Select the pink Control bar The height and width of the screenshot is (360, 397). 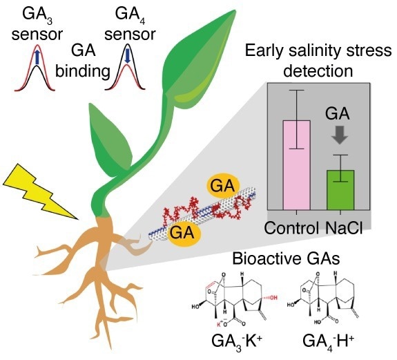296,165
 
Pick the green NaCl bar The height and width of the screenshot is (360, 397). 340,190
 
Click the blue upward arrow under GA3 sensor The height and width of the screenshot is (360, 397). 37,57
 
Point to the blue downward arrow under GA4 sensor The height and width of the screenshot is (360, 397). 127,56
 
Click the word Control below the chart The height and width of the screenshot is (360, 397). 291,228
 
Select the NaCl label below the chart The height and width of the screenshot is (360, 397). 344,227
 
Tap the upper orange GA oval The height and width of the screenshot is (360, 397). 223,187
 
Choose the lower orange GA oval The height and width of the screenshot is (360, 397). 182,233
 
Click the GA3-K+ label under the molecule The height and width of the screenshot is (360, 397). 236,342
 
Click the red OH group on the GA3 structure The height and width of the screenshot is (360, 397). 273,297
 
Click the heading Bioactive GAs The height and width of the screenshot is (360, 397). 286,259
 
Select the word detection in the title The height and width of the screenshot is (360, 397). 318,71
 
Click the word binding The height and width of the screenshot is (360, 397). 83,72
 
